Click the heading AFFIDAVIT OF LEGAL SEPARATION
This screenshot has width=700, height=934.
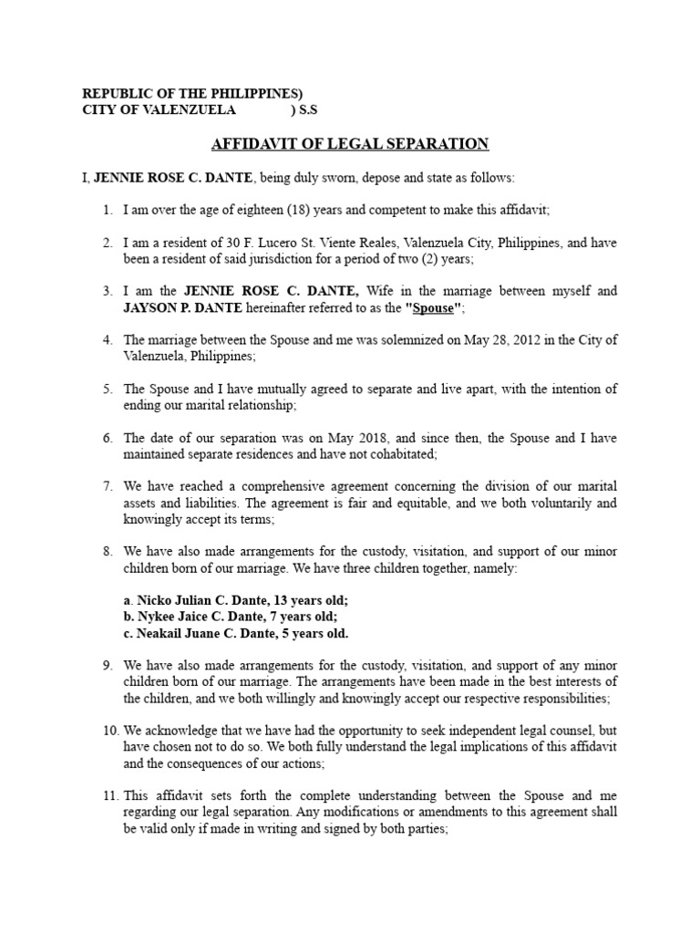(x=350, y=144)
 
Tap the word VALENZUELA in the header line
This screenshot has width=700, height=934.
(x=192, y=110)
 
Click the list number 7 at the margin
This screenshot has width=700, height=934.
(x=107, y=487)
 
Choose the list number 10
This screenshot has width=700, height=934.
(x=109, y=732)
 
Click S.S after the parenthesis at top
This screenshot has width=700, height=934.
(x=310, y=110)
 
